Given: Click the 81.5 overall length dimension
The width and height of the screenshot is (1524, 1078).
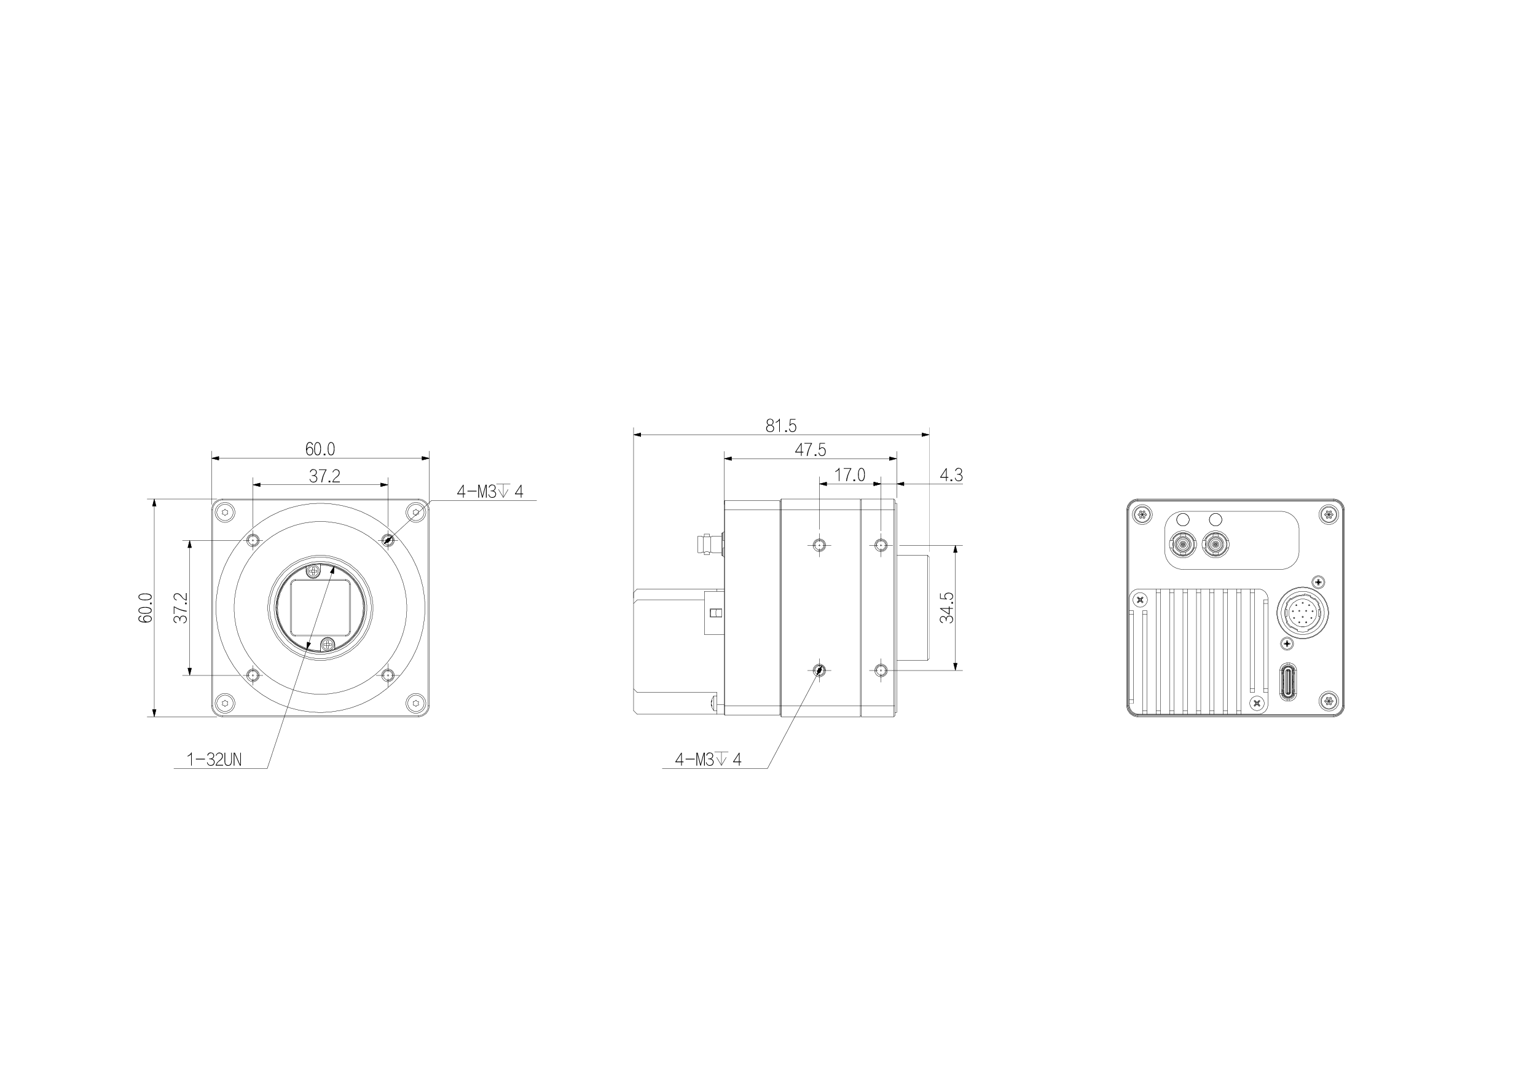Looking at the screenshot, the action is (x=780, y=425).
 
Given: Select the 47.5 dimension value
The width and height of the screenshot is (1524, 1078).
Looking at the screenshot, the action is (x=811, y=450).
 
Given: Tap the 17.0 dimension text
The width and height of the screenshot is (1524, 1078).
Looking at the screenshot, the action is (x=850, y=475).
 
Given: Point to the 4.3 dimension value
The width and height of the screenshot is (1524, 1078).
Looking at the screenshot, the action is (x=951, y=475).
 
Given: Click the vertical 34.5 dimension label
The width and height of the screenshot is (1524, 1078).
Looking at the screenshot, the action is (x=947, y=607).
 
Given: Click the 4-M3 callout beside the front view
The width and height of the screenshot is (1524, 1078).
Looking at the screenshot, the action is (x=490, y=492).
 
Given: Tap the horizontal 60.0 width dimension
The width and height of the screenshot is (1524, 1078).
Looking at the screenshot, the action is (x=320, y=449).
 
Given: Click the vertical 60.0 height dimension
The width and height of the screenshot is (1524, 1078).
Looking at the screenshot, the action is (x=146, y=607).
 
